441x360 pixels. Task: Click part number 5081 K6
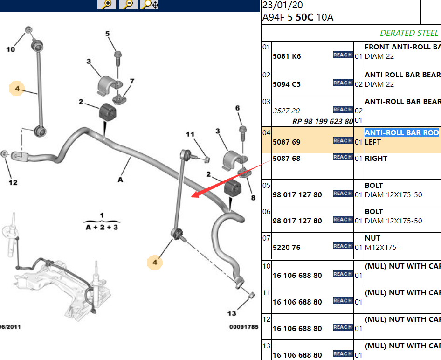[287, 56]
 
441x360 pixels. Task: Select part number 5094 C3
[287, 84]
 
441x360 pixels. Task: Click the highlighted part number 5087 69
[287, 142]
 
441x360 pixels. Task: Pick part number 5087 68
[287, 159]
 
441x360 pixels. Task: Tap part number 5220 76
[287, 248]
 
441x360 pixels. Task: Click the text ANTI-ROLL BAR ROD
[402, 133]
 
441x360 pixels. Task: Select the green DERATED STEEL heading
[409, 33]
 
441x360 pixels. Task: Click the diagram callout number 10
[10, 49]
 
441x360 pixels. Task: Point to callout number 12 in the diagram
[13, 182]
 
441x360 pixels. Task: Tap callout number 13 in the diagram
[232, 313]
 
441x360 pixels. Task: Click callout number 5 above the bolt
[107, 34]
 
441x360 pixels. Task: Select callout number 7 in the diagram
[132, 82]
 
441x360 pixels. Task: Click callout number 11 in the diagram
[190, 135]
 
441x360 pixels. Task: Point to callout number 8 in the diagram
[253, 198]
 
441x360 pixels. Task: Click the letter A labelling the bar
[120, 179]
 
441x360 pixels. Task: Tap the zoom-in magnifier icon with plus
[107, 4]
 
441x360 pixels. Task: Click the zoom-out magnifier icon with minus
[128, 4]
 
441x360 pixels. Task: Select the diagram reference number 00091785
[243, 327]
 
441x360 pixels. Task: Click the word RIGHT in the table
[376, 159]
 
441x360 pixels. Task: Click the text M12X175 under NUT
[380, 248]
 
